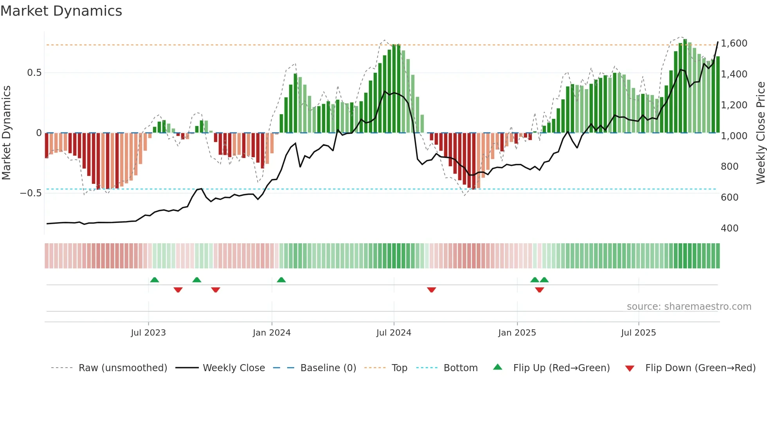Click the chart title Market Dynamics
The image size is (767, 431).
[61, 11]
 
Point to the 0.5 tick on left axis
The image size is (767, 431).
[34, 73]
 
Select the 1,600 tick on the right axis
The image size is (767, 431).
[734, 43]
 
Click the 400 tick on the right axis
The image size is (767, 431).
[729, 228]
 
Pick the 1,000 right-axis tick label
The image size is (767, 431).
[734, 136]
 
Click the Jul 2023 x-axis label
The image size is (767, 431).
[148, 333]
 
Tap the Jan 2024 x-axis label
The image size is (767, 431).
[272, 333]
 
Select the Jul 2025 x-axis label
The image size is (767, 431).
[638, 333]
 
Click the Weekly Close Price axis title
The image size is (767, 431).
[760, 133]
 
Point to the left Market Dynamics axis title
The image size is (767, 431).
[6, 133]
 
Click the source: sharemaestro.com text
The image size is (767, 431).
[689, 307]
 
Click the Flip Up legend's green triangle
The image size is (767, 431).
[497, 367]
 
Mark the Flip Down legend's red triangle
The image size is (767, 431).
[630, 368]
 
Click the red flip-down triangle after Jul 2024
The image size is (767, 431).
[431, 289]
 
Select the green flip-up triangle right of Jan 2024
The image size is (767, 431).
[281, 280]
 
